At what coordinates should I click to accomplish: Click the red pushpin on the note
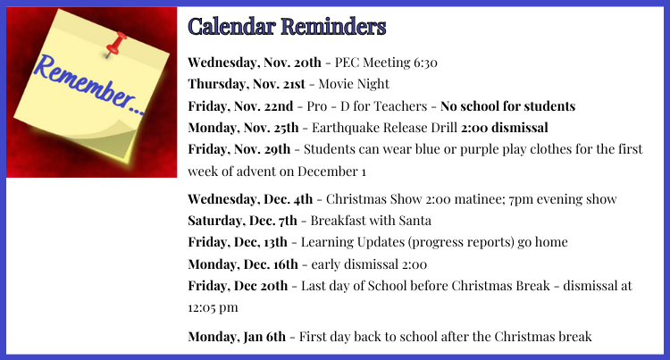pos(115,44)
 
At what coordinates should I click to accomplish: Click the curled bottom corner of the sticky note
pos(114,142)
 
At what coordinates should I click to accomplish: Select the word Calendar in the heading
pos(231,27)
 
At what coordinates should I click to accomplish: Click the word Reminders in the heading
pos(333,27)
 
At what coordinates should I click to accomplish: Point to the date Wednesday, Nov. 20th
pos(255,63)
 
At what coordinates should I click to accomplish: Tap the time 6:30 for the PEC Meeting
pos(425,63)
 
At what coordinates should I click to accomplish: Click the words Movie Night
pos(354,84)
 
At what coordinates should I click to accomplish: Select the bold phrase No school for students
pos(507,106)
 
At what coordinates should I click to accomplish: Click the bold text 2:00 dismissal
pos(504,128)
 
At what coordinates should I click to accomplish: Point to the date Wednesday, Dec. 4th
pos(250,199)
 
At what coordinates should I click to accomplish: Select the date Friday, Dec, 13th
pos(238,243)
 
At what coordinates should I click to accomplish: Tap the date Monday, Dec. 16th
pos(243,264)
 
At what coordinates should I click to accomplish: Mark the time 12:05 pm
pos(213,307)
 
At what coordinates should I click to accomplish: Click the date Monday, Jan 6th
pos(237,337)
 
